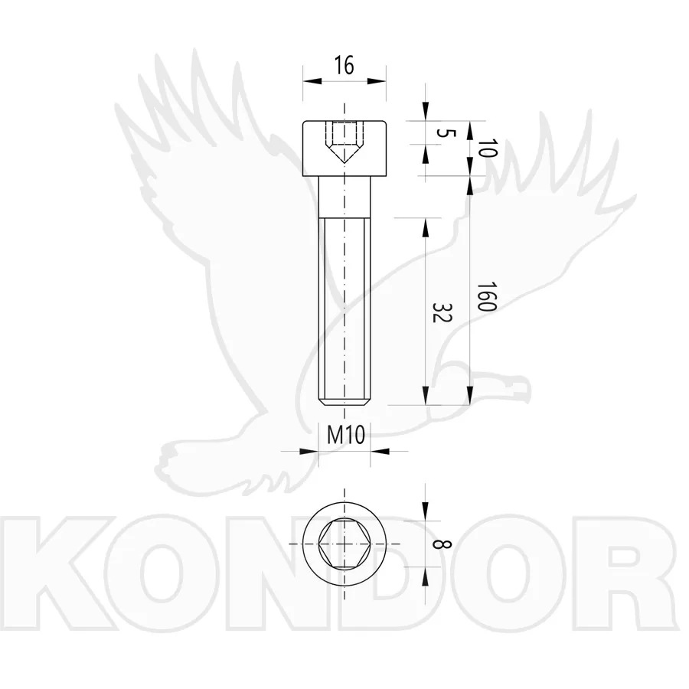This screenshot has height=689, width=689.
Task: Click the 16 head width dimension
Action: (x=344, y=66)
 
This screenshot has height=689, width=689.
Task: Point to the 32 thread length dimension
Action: (x=442, y=312)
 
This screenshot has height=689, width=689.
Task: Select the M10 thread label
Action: (x=346, y=436)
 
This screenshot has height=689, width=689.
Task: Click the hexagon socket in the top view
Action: (x=344, y=544)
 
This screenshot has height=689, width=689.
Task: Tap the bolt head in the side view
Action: (x=344, y=149)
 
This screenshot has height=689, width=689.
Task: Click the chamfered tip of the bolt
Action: (x=344, y=402)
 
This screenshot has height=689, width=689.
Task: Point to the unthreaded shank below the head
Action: (x=344, y=197)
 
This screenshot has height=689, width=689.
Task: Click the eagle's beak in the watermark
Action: (x=520, y=391)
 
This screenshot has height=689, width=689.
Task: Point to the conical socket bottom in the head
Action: (x=344, y=154)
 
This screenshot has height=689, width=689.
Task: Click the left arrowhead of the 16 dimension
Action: (x=312, y=81)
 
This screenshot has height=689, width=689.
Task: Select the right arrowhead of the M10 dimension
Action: (x=380, y=451)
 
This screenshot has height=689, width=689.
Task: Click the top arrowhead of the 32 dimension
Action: (x=425, y=227)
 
